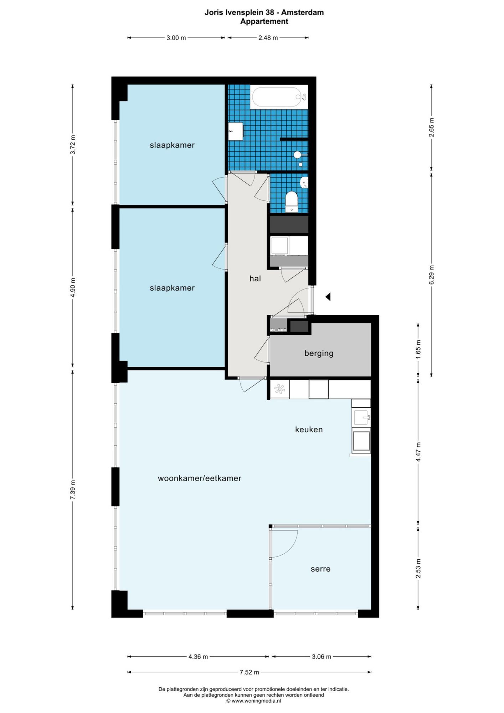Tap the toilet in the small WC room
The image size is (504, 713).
click(292, 202)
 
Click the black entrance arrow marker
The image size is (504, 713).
click(328, 296)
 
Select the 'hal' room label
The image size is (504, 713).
click(255, 278)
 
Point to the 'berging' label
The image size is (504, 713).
click(319, 353)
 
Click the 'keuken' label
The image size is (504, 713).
click(309, 430)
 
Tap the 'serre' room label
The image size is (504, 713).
click(321, 569)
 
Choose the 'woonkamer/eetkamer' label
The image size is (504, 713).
click(200, 478)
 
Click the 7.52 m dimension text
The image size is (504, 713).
click(249, 672)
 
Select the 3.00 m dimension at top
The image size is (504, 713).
click(176, 37)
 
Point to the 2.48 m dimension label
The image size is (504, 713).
click(268, 37)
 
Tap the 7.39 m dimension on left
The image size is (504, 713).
click(73, 490)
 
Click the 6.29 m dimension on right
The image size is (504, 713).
click(432, 275)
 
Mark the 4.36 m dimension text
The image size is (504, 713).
click(198, 657)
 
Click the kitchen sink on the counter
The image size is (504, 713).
click(361, 417)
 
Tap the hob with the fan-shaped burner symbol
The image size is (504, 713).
click(280, 389)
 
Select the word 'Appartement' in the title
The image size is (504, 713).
click(264, 21)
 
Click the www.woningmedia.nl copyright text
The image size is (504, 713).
click(253, 701)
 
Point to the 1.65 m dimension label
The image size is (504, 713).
click(418, 349)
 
